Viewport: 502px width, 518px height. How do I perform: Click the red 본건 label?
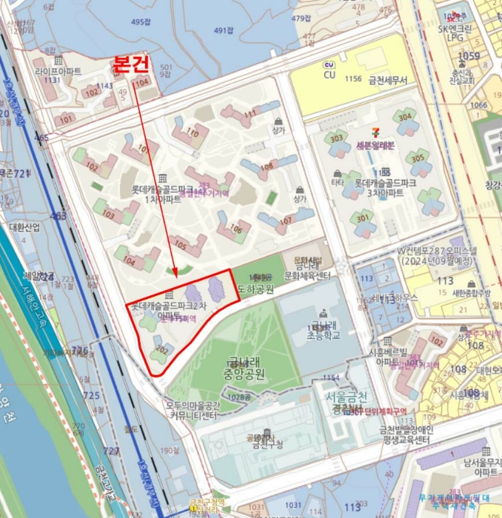pyautogui.click(x=131, y=64)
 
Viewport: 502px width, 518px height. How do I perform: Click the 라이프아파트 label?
pyautogui.click(x=58, y=71)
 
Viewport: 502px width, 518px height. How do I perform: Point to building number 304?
pyautogui.click(x=404, y=117)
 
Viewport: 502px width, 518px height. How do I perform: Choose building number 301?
pyautogui.click(x=362, y=218)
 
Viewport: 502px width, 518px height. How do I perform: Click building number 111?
pyautogui.click(x=250, y=112)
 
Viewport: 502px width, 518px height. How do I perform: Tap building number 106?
pyautogui.click(x=235, y=229)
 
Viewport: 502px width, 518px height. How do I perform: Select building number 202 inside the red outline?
pyautogui.click(x=164, y=349)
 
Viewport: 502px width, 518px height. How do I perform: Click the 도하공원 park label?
pyautogui.click(x=255, y=289)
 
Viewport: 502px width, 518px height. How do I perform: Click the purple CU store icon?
pyautogui.click(x=329, y=65)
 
